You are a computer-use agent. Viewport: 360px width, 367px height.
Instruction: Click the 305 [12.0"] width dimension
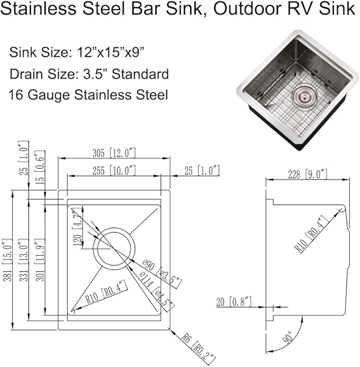pos(113,153)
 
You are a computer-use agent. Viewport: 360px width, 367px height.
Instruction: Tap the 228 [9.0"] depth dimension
pos(308,174)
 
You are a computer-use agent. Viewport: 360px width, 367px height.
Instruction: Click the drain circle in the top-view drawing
pos(112,248)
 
